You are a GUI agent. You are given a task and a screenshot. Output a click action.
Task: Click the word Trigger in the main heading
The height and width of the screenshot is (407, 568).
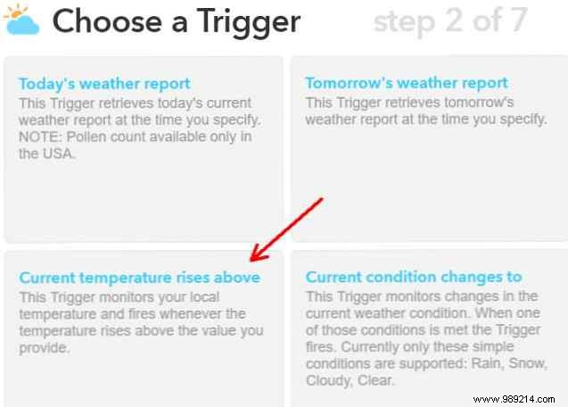(243, 22)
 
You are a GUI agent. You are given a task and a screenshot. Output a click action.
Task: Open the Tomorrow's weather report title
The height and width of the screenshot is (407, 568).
(407, 83)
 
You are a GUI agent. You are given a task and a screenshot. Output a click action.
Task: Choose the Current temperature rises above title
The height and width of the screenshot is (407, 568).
(140, 278)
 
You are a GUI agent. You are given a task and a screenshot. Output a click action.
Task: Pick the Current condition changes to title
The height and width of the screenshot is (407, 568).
(414, 278)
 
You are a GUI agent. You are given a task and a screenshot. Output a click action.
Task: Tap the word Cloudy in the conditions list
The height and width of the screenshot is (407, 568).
(328, 381)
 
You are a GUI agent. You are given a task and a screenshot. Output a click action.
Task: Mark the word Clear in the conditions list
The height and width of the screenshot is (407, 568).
(378, 381)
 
